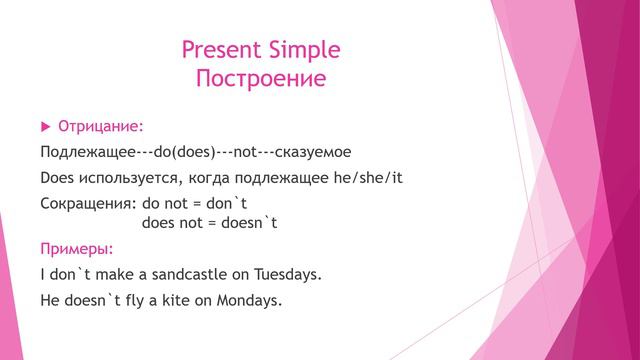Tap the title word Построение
click(261, 79)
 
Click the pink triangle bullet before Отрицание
click(44, 127)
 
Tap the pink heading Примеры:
click(76, 248)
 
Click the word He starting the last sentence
click(50, 298)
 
